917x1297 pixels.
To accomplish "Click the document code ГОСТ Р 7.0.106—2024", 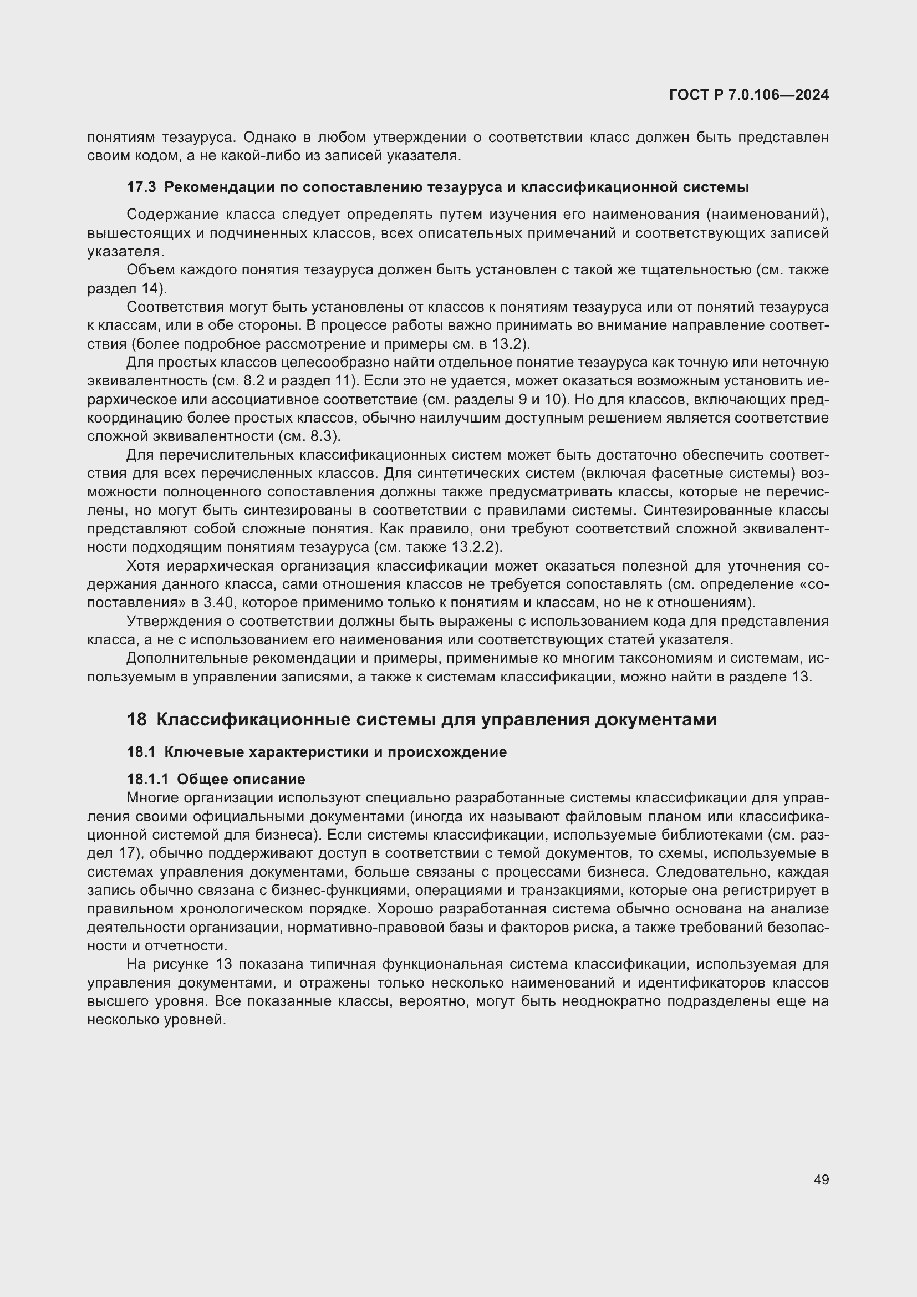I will (748, 95).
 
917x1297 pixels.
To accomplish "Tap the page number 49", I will (821, 1179).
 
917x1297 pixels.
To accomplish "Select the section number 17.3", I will (141, 187).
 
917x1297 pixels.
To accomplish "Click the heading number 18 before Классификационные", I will (136, 719).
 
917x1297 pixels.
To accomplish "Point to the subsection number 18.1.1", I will (147, 779).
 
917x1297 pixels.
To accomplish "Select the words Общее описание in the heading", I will (241, 779).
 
